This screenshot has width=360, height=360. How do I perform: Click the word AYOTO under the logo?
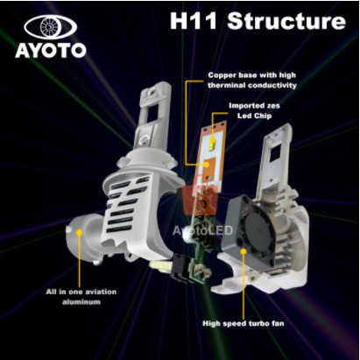[x=50, y=50]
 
